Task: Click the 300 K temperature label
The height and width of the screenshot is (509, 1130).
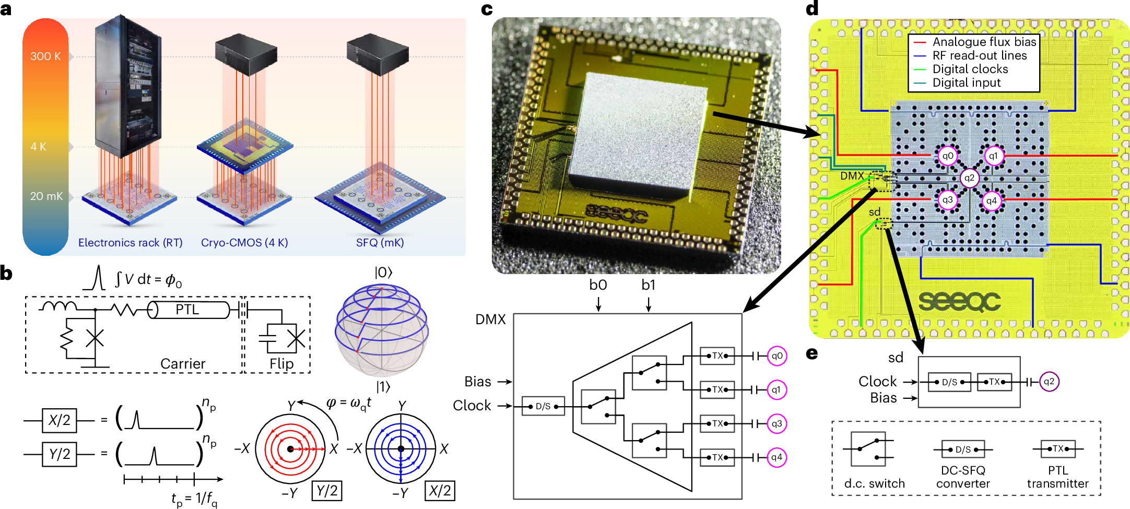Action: [45, 56]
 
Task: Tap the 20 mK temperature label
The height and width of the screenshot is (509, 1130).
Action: [46, 196]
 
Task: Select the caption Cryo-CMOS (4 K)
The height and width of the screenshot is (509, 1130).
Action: [244, 243]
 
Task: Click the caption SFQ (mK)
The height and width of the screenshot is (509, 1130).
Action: [380, 243]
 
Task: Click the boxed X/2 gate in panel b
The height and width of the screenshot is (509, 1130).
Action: [60, 421]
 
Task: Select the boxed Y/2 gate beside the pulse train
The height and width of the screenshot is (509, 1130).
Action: [60, 454]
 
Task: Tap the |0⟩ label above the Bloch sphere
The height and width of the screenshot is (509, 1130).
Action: [383, 273]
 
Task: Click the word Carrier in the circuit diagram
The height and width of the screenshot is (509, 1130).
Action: [183, 363]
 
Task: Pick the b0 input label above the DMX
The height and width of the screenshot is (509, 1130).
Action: [598, 285]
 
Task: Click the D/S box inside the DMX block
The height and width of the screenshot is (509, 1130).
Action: [543, 406]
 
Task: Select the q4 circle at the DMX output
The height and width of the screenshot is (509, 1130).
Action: [776, 457]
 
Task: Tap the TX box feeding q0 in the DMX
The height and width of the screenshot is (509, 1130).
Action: [717, 356]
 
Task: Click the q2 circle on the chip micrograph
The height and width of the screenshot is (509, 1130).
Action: [969, 177]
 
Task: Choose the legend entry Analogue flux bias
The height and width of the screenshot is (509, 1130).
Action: [984, 42]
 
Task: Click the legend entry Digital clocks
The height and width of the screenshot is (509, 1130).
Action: [970, 69]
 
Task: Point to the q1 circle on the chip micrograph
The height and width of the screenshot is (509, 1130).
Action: [993, 156]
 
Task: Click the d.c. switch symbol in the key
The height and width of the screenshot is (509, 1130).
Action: [868, 448]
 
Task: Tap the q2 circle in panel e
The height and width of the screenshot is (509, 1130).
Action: [1049, 382]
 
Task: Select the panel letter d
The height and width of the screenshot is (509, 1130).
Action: [812, 9]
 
